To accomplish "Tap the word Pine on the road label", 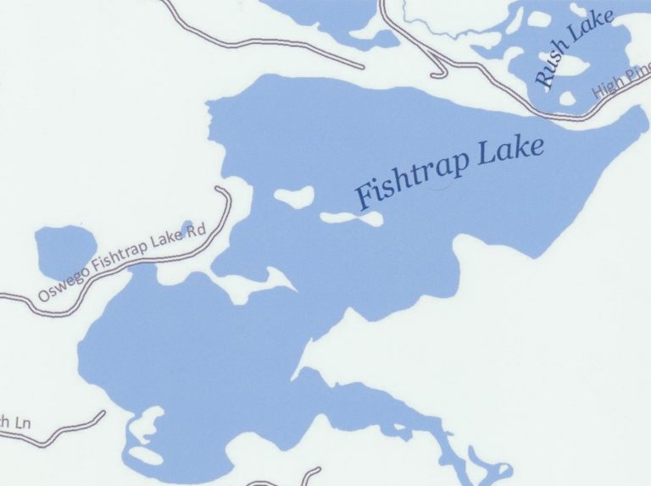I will click(636, 80).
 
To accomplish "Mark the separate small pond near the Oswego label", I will click(64, 251).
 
